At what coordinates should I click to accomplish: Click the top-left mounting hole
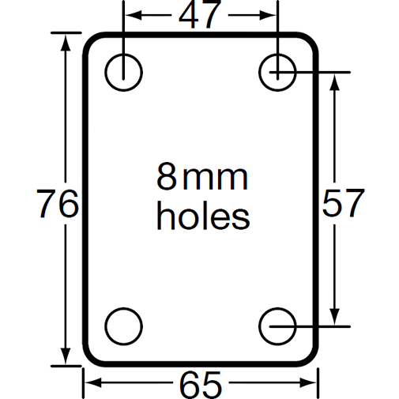tap(123, 70)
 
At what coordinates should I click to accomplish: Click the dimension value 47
tap(200, 16)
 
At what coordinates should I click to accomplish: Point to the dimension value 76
tap(58, 205)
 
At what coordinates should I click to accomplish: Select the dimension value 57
tap(342, 205)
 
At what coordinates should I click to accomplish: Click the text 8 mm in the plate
tap(202, 179)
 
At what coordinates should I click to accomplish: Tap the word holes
tap(202, 216)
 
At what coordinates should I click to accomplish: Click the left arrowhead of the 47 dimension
tap(130, 16)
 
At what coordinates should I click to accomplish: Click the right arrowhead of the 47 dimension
tap(271, 16)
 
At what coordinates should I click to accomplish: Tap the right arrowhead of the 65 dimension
tap(312, 384)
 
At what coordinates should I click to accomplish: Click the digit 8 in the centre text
tap(167, 179)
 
